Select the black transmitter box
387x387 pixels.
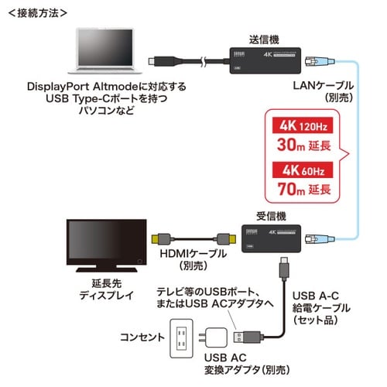259,60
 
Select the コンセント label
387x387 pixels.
142,338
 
